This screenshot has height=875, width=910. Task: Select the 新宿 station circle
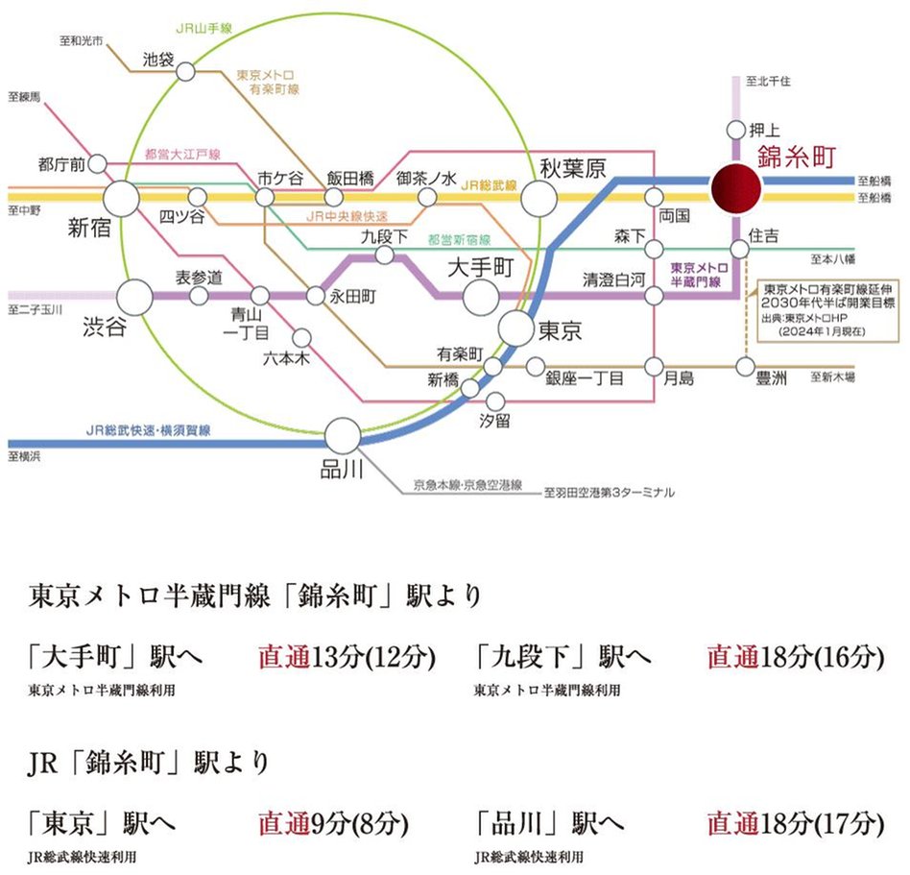pos(121,198)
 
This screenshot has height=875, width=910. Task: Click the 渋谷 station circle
pos(134,297)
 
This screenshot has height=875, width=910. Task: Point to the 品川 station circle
pos(342,435)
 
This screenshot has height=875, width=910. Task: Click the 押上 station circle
pos(735,130)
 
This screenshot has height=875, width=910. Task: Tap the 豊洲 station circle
pos(745,366)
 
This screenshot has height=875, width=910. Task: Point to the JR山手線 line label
pos(206,31)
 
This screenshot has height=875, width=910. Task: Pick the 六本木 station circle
pos(301,337)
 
